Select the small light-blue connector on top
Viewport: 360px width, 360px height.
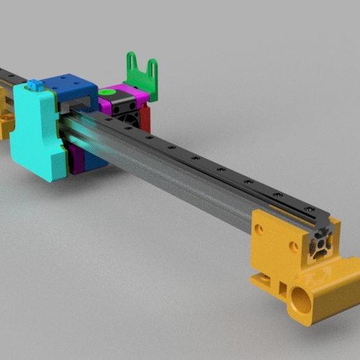pyautogui.click(x=34, y=86)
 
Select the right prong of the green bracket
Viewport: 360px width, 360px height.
pyautogui.click(x=152, y=68)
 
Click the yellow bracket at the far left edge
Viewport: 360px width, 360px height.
pyautogui.click(x=6, y=122)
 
